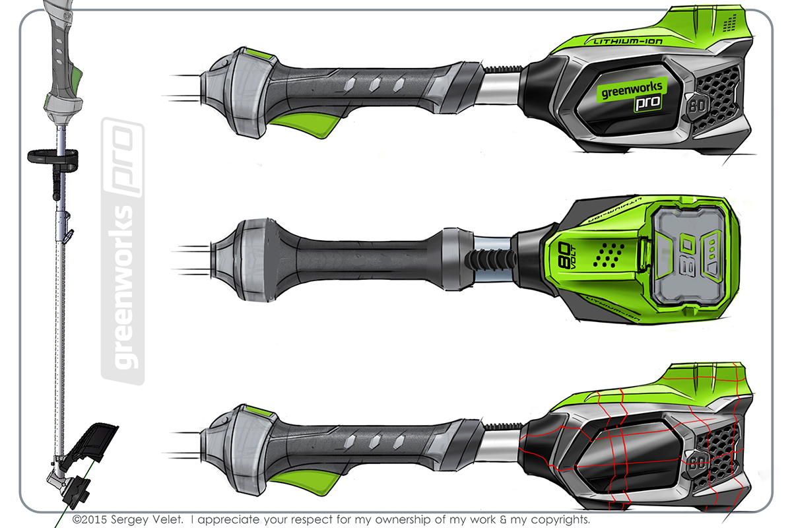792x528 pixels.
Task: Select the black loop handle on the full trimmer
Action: [53, 158]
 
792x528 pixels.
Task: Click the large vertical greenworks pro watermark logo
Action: [123, 251]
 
